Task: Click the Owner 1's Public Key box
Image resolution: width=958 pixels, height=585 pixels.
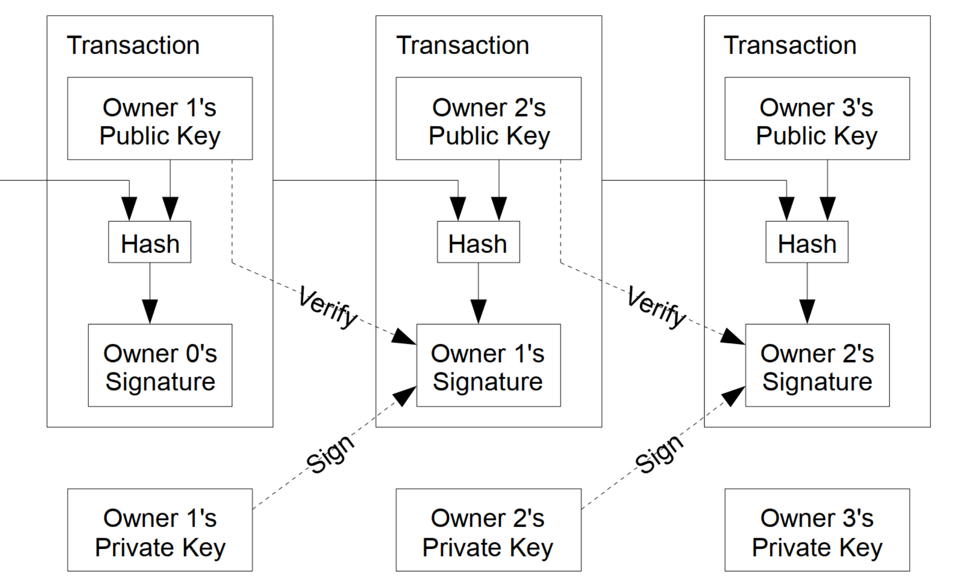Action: (160, 119)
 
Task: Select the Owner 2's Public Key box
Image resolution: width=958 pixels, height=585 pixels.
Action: (489, 119)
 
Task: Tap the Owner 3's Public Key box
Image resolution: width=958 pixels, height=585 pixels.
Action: (817, 119)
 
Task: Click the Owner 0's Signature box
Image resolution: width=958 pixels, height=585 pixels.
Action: (160, 365)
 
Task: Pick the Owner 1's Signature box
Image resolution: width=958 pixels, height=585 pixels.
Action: (489, 365)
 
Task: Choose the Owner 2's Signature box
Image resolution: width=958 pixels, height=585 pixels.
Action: (817, 365)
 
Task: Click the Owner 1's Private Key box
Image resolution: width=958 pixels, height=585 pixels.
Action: (160, 530)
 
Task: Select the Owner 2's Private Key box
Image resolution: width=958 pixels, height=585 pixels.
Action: (489, 530)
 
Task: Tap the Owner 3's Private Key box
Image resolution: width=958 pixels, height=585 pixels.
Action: (817, 530)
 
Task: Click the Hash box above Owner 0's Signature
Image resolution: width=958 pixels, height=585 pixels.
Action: (150, 242)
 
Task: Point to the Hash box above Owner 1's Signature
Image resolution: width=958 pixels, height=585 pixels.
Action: (478, 242)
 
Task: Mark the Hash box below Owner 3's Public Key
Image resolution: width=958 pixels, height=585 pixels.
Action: (807, 242)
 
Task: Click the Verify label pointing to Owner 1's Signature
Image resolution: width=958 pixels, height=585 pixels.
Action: (328, 308)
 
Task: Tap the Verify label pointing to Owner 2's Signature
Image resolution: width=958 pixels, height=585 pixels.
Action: (657, 308)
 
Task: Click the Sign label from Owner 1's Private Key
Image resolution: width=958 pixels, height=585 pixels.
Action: (330, 454)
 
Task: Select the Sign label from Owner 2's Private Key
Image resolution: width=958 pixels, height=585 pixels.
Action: (659, 454)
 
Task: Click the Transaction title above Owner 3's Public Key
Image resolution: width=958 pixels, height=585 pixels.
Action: (790, 45)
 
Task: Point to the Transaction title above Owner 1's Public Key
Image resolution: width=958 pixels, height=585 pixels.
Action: (133, 45)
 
